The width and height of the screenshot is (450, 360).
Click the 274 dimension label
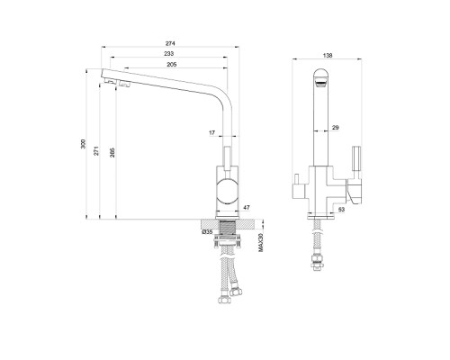tap(170, 43)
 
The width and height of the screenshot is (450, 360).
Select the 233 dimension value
tap(168, 54)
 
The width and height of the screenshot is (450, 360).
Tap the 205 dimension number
tap(172, 65)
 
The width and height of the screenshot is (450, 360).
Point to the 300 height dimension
tap(84, 144)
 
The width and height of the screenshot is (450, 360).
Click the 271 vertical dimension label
tap(96, 151)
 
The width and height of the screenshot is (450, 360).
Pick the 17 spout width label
tap(212, 132)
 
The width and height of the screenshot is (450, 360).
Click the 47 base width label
tap(247, 207)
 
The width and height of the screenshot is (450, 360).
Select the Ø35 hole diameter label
tap(207, 232)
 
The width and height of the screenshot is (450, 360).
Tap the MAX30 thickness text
tap(261, 242)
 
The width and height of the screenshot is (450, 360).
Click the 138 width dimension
tap(328, 56)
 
